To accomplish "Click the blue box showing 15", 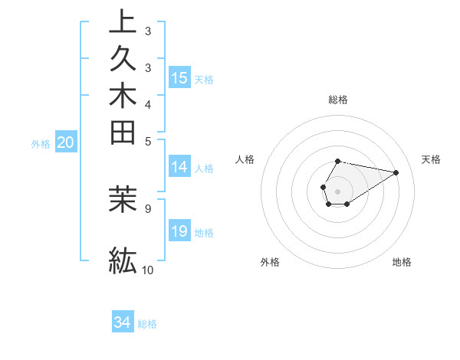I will pyautogui.click(x=179, y=77).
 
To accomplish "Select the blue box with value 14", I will pyautogui.click(x=179, y=168).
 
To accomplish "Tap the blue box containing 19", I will pyautogui.click(x=179, y=231).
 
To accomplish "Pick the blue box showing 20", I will pyautogui.click(x=66, y=142).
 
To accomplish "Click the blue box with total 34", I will pyautogui.click(x=123, y=322).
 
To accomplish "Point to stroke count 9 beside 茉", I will pyautogui.click(x=147, y=207).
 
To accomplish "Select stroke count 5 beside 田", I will pyautogui.click(x=147, y=141).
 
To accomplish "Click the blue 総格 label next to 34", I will pyautogui.click(x=147, y=324).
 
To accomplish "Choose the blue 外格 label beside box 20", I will pyautogui.click(x=41, y=143).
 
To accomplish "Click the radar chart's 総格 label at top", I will pyautogui.click(x=337, y=100).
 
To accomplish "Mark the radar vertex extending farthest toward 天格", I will pyautogui.click(x=396, y=172).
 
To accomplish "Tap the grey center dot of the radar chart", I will pyautogui.click(x=337, y=191).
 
